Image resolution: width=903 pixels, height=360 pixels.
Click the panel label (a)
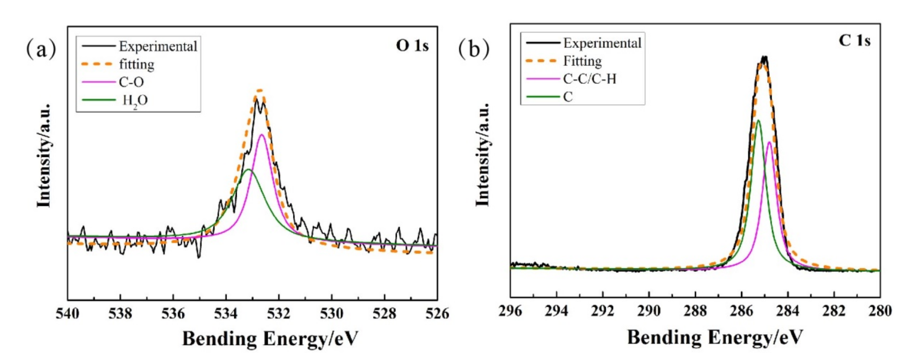[41, 49]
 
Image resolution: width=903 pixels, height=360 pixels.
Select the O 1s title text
[412, 46]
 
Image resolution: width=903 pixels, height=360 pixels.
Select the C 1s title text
[855, 41]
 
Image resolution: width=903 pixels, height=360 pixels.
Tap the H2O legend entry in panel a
[135, 101]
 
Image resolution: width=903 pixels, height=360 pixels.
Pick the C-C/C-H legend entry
[590, 79]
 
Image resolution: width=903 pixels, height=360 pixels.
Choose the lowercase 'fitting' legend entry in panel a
[137, 64]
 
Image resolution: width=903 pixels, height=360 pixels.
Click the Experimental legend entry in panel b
[602, 43]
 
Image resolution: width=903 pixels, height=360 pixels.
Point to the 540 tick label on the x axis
[68, 313]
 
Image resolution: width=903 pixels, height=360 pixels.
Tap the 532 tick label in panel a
[279, 313]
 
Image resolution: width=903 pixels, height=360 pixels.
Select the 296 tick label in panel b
[510, 311]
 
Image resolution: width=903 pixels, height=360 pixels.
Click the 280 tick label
[880, 311]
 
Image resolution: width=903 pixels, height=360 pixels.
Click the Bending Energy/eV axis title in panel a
[270, 339]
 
